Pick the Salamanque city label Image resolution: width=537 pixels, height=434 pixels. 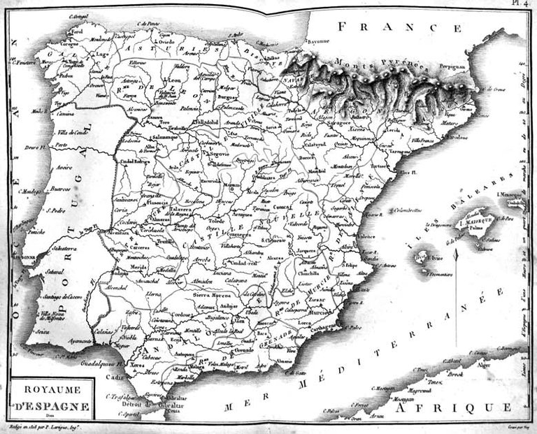click(x=165, y=137)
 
